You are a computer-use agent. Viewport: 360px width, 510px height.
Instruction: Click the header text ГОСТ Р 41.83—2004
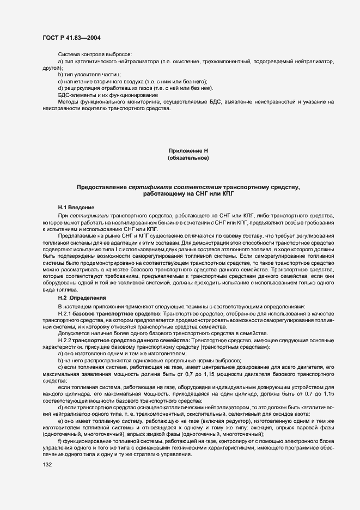point(71,38)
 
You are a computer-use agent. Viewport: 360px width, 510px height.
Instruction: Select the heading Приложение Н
point(188,150)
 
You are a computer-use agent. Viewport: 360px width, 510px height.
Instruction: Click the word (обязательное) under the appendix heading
point(188,158)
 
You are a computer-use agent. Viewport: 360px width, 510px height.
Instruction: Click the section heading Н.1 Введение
point(76,208)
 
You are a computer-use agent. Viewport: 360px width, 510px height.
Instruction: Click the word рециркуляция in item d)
point(82,88)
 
